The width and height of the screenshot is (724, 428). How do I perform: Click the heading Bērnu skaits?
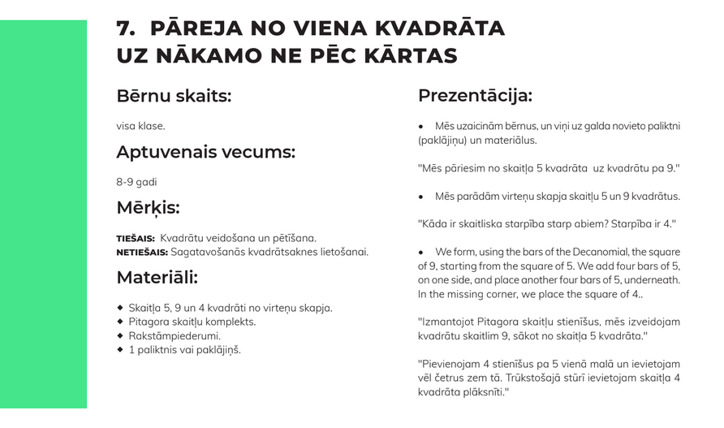pos(174,96)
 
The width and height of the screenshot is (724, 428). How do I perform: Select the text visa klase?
pos(140,126)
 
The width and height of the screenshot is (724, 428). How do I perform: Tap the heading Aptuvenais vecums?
pos(205,152)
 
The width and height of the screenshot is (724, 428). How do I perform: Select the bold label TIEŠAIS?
pos(136,239)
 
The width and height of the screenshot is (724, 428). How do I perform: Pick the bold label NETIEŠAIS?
pos(142,253)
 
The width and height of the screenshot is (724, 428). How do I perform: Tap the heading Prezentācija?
pos(475,95)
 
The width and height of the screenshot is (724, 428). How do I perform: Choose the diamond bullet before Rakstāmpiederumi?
pos(120,335)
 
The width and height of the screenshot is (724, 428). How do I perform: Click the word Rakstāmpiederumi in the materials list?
pos(175,335)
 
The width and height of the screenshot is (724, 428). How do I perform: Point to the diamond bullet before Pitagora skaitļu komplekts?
pos(120,322)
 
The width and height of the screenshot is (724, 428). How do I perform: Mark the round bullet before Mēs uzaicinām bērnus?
pos(421,127)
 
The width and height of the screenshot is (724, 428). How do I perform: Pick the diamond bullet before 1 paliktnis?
pos(120,349)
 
